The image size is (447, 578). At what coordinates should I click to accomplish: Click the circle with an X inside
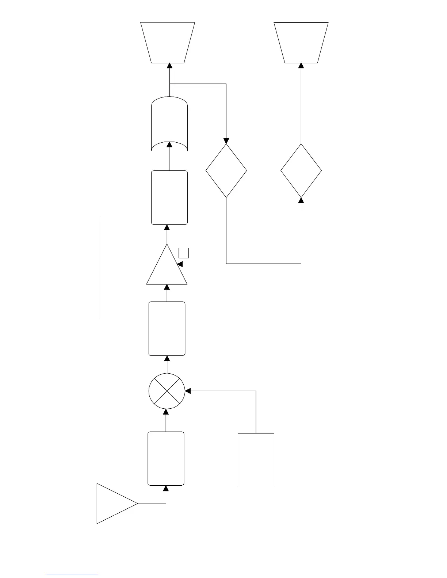[167, 391]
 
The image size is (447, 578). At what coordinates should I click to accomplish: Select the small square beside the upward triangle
[184, 253]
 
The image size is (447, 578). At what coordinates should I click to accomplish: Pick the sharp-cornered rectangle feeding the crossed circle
[256, 460]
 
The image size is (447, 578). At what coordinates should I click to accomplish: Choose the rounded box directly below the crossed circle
[166, 459]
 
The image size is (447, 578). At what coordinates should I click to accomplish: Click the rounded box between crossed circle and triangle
[167, 328]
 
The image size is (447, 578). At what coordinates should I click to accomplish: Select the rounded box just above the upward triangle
[169, 197]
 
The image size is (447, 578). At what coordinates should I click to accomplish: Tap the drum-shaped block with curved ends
[169, 124]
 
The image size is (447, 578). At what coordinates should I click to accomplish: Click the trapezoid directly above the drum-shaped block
[168, 42]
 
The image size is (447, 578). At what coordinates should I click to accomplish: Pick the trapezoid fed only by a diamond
[301, 42]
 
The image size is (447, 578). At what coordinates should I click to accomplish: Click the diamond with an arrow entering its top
[226, 171]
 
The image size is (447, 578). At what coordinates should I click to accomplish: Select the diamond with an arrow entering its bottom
[301, 171]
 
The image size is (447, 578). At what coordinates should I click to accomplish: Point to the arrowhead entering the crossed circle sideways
[188, 391]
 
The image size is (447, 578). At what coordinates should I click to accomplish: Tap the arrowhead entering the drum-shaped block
[169, 144]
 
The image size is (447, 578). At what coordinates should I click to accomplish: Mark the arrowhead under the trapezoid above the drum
[169, 65]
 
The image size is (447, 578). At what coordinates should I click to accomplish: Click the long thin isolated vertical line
[100, 267]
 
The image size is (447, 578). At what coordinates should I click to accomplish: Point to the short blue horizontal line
[72, 575]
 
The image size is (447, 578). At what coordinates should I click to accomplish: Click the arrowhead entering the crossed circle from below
[166, 412]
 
